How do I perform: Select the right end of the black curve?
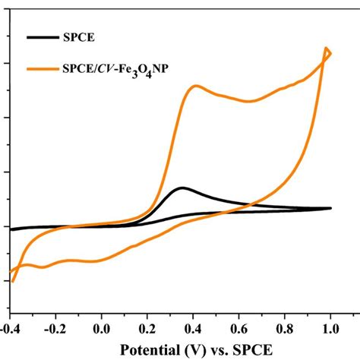(x=330, y=207)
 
